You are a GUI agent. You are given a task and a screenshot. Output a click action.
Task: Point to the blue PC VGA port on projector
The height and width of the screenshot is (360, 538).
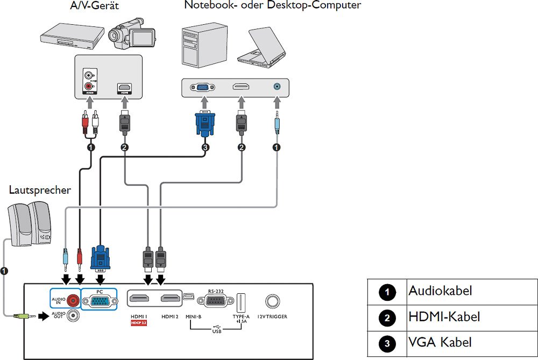tap(99, 302)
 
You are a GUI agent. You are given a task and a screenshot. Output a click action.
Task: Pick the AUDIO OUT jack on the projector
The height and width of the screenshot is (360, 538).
tap(70, 315)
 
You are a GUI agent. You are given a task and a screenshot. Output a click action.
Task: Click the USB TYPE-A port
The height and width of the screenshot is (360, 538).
tap(240, 302)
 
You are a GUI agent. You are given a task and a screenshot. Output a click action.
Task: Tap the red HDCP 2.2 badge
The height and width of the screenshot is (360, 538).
tap(139, 323)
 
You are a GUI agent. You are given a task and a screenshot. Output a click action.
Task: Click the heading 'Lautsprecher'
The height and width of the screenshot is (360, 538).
tap(40, 190)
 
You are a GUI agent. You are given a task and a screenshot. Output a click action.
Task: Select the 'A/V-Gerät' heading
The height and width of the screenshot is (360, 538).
tap(94, 6)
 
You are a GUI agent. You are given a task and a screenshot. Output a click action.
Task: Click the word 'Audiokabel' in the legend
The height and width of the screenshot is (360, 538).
tap(440, 291)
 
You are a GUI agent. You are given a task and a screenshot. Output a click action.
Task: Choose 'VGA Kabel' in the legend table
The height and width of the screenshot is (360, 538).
tap(440, 342)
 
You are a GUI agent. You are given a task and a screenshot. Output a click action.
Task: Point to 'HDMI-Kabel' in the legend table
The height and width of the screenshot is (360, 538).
tap(444, 317)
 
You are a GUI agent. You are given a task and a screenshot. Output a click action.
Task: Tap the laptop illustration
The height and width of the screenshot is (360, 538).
tap(265, 47)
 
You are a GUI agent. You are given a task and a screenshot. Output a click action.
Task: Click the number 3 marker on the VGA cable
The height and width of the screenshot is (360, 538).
tap(204, 147)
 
